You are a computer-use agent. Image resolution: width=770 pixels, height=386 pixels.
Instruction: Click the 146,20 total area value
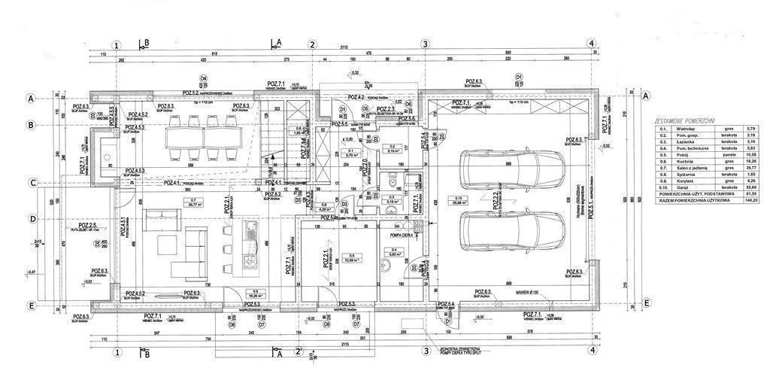(750, 199)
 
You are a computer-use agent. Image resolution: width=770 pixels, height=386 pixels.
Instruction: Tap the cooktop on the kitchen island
(250, 260)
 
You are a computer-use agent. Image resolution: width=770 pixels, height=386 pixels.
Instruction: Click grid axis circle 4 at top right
(593, 44)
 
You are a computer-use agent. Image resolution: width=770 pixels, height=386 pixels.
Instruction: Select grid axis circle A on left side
(32, 99)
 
